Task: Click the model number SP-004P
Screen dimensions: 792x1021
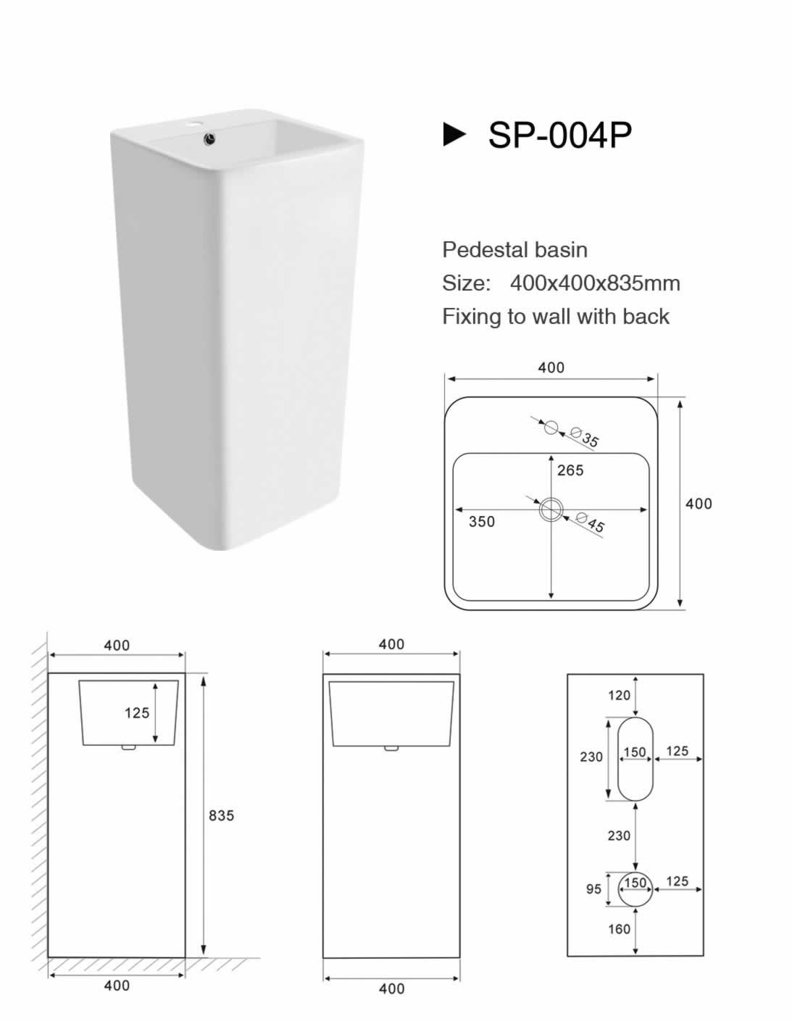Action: [559, 136]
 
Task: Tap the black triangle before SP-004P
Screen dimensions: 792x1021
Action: [454, 135]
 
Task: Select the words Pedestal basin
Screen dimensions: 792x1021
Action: [515, 250]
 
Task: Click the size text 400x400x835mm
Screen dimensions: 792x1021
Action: [595, 283]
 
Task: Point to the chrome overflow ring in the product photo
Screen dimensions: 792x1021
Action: [209, 138]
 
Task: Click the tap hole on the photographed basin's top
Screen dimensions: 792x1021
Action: [193, 125]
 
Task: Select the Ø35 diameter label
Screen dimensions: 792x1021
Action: [584, 437]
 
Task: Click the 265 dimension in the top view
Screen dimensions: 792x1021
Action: [570, 470]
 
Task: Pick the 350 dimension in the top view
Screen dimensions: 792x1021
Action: [481, 522]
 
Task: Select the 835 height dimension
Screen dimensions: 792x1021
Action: [221, 816]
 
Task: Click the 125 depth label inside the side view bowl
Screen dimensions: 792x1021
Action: [137, 713]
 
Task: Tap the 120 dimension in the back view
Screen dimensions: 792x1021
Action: [619, 696]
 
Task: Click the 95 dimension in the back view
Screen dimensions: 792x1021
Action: [593, 889]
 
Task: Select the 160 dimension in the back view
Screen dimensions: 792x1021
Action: [619, 929]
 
